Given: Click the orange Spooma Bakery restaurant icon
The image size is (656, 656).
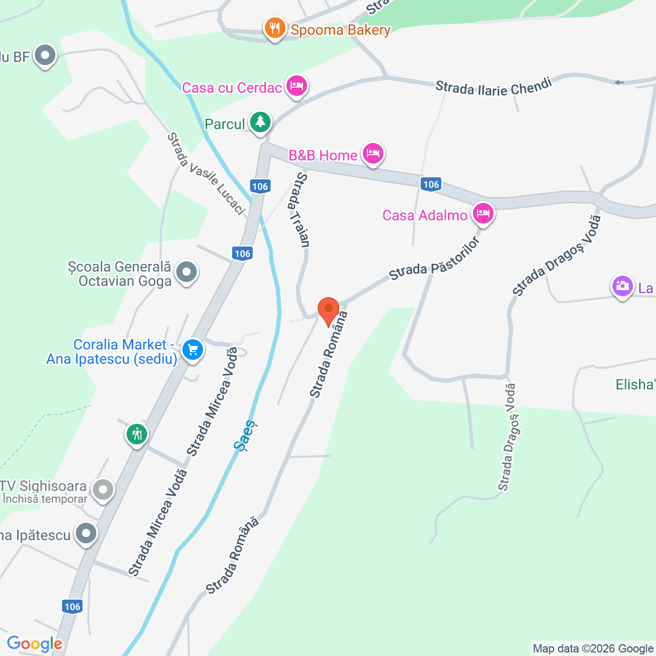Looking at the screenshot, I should [275, 29].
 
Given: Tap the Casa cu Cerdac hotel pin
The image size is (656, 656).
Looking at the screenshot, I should [296, 86].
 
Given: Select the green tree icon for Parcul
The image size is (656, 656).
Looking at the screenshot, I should [260, 122].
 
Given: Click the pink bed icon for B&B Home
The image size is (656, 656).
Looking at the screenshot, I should [373, 153].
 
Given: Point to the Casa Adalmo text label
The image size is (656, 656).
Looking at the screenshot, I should [424, 215].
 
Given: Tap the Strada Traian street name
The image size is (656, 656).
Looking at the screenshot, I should [299, 210].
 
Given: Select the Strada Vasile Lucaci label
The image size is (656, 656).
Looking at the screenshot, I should [206, 174].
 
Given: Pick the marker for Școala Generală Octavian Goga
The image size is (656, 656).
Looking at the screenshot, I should [186, 272].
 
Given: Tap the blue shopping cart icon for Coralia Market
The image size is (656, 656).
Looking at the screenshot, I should [193, 350].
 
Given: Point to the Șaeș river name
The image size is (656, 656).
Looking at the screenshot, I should [245, 436].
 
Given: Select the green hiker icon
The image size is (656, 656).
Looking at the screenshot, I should [137, 435].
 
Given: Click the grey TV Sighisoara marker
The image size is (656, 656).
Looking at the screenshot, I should [104, 489].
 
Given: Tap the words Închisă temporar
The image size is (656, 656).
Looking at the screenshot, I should [45, 499].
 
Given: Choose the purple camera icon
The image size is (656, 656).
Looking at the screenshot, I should [622, 286].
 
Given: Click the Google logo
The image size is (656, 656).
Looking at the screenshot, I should [34, 644].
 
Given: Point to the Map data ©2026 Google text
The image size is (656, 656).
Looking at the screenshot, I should [593, 649].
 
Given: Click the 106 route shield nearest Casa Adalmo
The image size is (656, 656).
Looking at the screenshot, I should [431, 184].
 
